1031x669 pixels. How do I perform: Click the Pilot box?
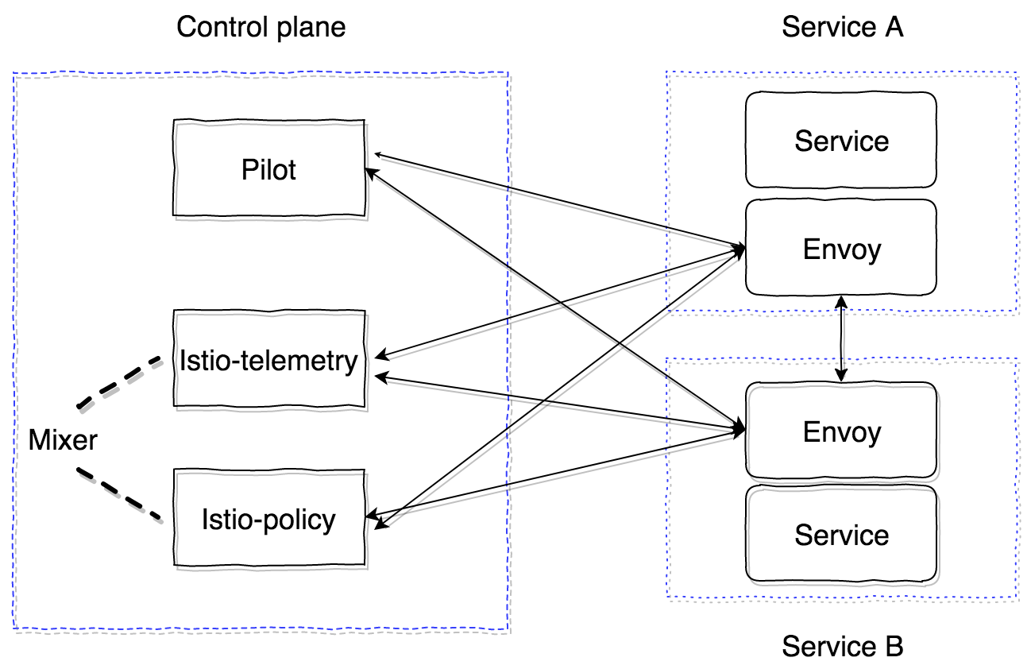coord(269,168)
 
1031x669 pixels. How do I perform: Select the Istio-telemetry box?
coord(269,360)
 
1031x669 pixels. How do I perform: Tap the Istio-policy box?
coord(269,519)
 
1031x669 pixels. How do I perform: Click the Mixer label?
coord(63,439)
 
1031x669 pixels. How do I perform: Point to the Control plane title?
coord(261,27)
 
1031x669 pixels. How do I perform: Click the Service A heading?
coord(842,27)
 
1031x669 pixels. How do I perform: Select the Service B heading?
coord(842,646)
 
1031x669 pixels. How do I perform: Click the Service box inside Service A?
coord(841,141)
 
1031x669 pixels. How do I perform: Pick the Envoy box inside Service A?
coord(841,249)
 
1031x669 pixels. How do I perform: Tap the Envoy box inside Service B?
coord(841,431)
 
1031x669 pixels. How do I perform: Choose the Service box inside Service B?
coord(841,534)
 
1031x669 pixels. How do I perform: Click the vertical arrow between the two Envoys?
coord(841,339)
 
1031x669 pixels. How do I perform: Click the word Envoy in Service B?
coord(842,431)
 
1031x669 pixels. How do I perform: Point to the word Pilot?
coord(269,169)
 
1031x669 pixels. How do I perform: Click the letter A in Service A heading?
coord(893,27)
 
